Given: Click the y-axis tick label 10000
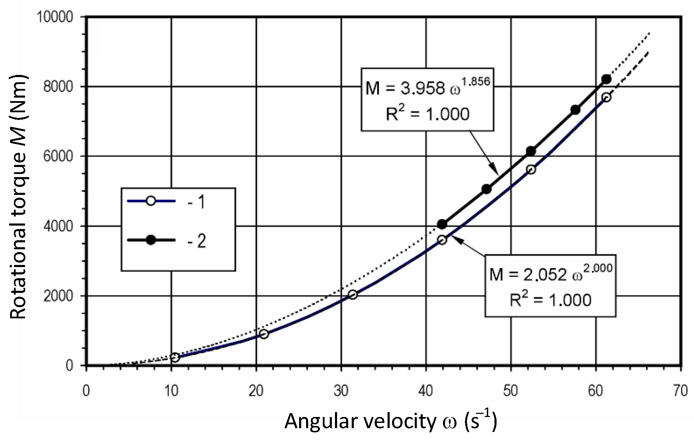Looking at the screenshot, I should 58,17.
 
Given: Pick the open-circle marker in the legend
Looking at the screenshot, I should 151,201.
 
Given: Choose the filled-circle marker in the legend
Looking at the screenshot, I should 151,240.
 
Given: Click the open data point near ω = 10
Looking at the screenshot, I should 175,357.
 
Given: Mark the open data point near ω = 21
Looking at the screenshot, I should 264,334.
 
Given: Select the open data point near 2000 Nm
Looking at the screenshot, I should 353,295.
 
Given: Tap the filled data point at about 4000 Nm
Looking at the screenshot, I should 442,224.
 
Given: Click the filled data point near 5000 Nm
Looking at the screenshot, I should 486,189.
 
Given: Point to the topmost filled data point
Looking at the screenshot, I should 606,79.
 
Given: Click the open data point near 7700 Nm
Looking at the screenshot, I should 606,97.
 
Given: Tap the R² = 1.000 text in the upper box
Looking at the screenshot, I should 428,114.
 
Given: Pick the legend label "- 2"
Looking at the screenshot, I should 197,241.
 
